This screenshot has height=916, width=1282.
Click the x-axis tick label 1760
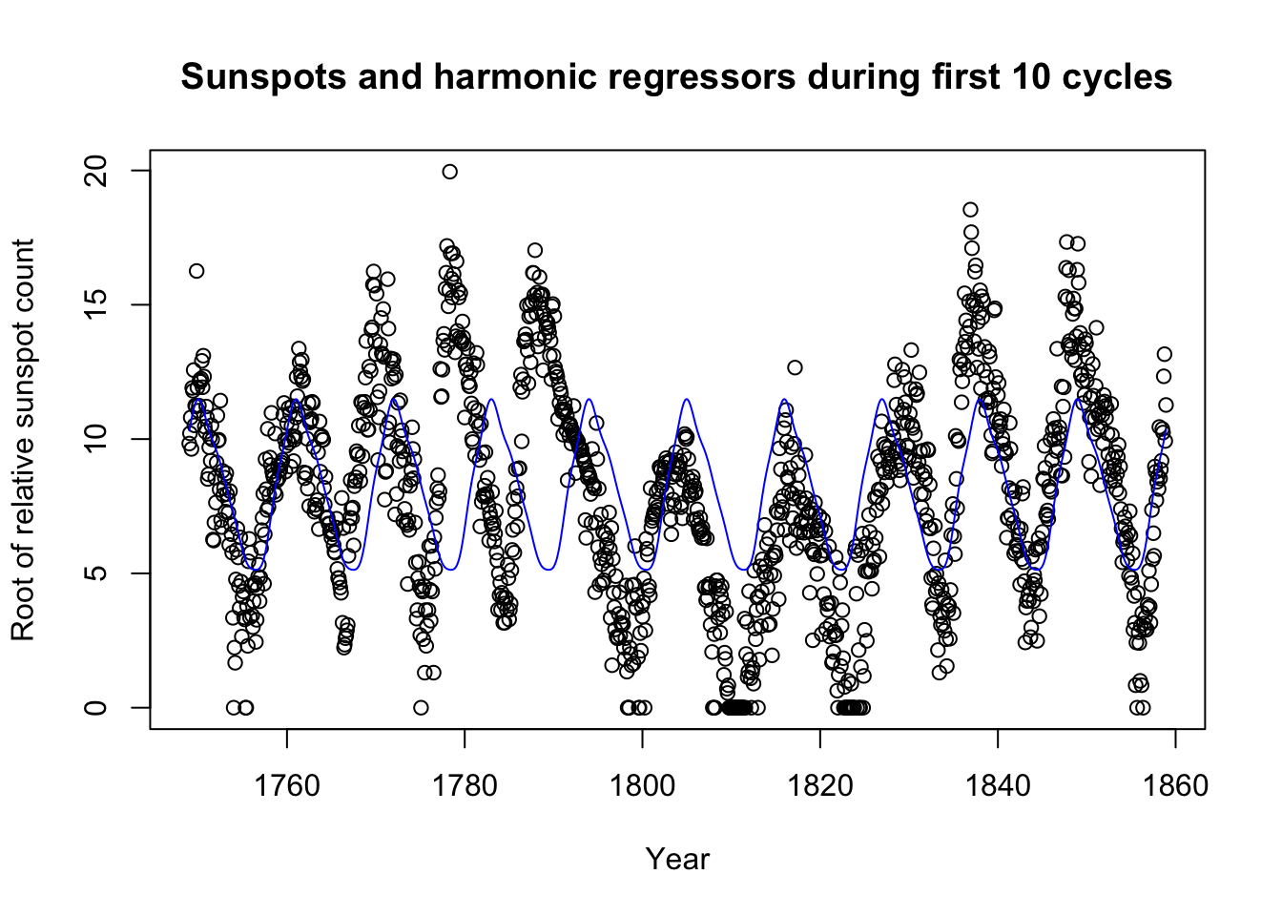287,786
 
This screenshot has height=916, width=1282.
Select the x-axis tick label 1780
465,786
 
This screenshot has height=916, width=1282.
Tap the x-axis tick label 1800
642,786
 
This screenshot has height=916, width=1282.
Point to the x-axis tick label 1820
819,786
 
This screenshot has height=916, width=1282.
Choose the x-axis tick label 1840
998,786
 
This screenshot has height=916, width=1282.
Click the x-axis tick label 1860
1175,786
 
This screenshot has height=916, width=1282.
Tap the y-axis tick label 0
95,707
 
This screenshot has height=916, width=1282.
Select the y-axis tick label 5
95,572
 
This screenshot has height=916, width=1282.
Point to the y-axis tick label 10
95,439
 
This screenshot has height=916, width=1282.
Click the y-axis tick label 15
95,304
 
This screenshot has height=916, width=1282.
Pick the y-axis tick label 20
95,171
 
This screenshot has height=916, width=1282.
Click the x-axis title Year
677,860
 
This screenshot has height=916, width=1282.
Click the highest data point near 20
450,172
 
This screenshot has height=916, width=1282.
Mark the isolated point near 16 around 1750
196,271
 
